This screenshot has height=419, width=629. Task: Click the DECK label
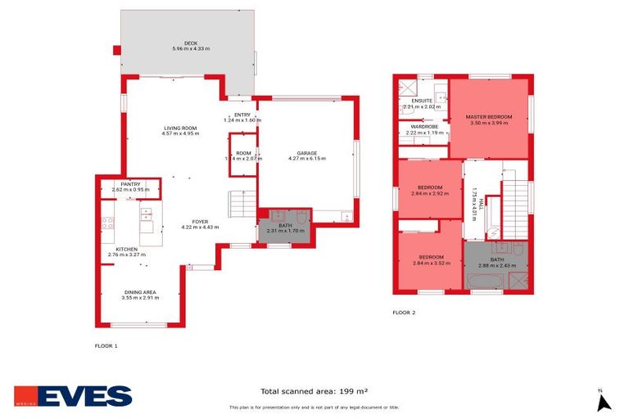coord(191,43)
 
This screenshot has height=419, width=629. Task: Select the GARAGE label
coord(307,153)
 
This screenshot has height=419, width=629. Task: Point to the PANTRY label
coord(126,184)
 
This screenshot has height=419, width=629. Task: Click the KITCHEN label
coord(126,249)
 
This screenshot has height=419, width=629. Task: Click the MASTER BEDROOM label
coord(489,117)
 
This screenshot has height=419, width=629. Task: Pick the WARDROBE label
coord(423,127)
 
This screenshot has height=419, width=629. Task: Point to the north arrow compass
coord(604,401)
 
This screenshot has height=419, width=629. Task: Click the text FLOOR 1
coord(106,346)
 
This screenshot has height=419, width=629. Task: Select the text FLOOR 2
coord(404,312)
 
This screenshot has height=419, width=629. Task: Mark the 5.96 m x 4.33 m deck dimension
coord(191,49)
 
